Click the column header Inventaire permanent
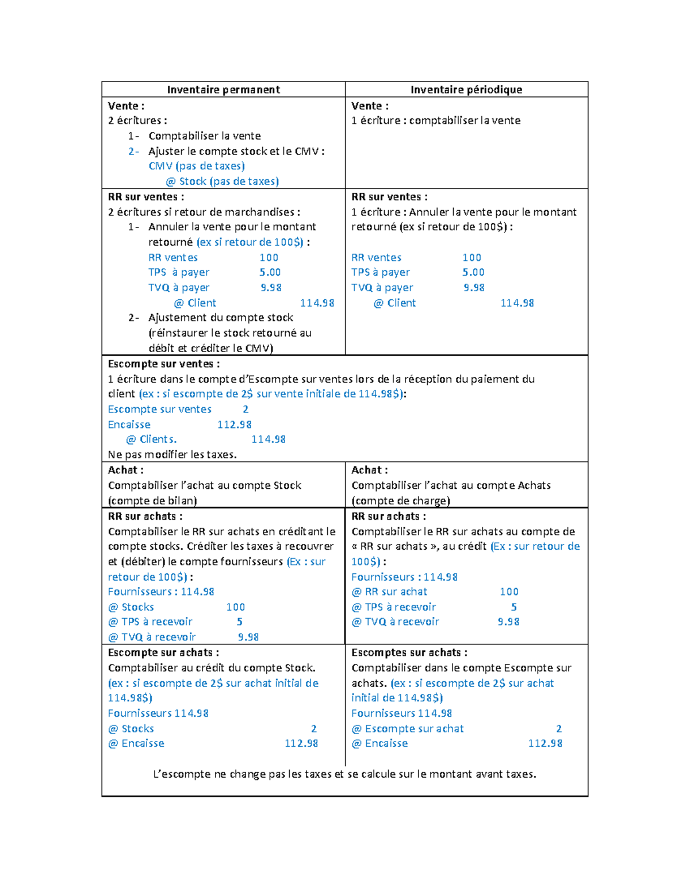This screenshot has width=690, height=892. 223,90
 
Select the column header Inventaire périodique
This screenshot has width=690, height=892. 466,90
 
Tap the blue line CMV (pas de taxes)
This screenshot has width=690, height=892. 197,166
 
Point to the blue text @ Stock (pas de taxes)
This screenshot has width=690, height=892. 222,182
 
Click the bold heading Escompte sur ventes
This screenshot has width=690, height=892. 163,364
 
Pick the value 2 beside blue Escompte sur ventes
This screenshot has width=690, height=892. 246,409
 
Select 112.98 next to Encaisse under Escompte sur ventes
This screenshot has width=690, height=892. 234,424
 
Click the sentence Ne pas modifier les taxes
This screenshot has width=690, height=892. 172,454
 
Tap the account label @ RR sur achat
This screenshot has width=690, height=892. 389,592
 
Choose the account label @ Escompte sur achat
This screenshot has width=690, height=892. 408,728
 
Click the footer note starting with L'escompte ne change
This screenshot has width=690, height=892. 344,774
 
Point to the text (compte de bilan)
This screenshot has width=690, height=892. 152,500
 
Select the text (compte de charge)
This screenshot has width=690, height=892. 401,500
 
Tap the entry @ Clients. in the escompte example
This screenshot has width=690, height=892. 151,439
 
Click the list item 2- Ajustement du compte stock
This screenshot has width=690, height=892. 220,318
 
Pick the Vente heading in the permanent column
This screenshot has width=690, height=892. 126,106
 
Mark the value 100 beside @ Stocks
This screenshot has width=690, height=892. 235,607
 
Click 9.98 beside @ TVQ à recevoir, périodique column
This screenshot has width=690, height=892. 508,621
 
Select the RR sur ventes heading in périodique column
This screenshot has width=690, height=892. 389,196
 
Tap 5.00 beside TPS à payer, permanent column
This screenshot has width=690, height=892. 270,272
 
